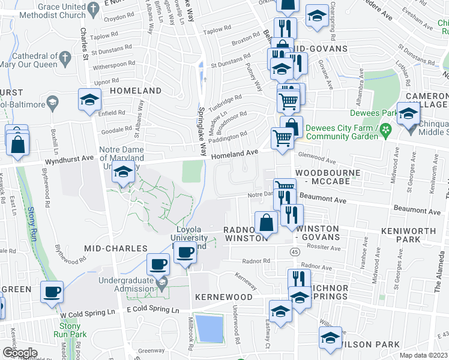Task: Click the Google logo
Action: tap(20, 353)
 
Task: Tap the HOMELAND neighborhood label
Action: tap(136, 91)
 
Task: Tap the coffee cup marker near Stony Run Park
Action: tap(52, 292)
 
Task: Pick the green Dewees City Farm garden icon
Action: tap(387, 128)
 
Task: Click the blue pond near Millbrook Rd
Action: tap(209, 328)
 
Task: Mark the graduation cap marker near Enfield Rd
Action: tap(89, 99)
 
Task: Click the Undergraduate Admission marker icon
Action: tap(160, 281)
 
